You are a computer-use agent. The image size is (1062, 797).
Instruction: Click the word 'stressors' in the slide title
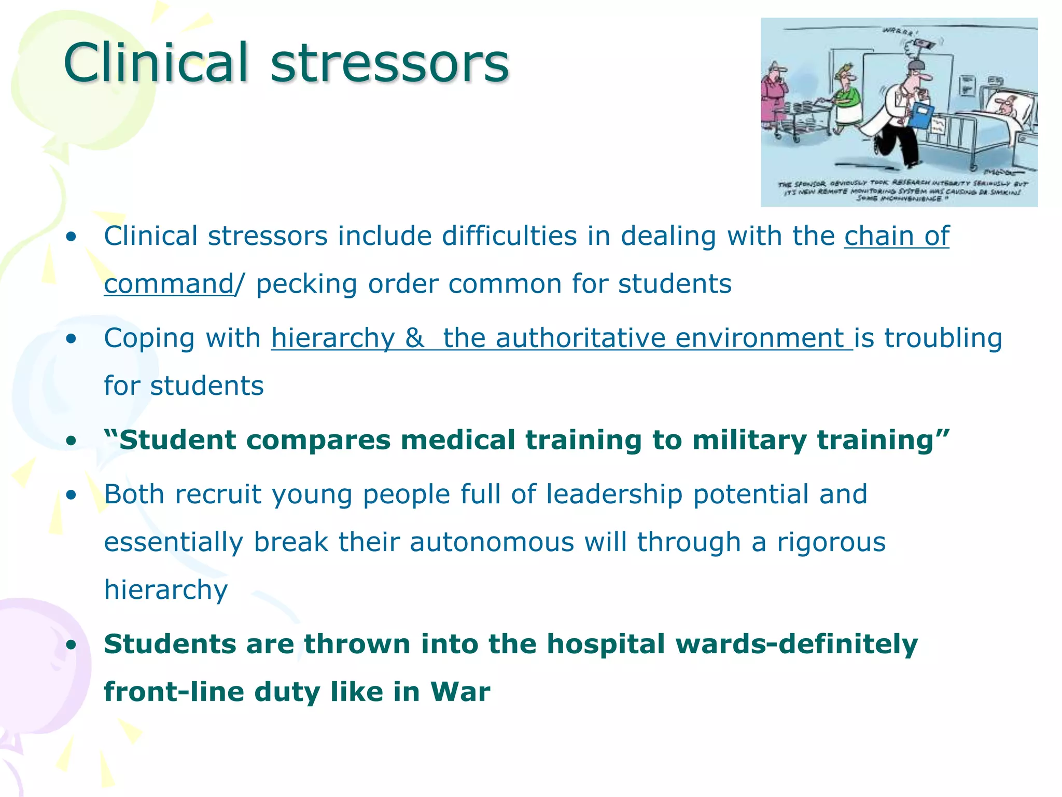[390, 63]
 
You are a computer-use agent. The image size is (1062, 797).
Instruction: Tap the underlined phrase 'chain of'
[897, 236]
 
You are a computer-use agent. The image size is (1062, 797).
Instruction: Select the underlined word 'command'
[169, 284]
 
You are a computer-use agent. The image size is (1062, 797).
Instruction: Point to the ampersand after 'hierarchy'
[414, 338]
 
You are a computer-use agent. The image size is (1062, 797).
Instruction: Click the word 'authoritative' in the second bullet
[580, 338]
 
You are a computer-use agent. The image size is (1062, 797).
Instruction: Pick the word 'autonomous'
[492, 542]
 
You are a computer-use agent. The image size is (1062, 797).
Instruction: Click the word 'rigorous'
[831, 542]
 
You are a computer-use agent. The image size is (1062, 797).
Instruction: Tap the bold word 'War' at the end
[460, 692]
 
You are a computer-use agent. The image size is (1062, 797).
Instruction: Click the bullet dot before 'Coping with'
[71, 339]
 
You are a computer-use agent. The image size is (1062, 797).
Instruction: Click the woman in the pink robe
[774, 101]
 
